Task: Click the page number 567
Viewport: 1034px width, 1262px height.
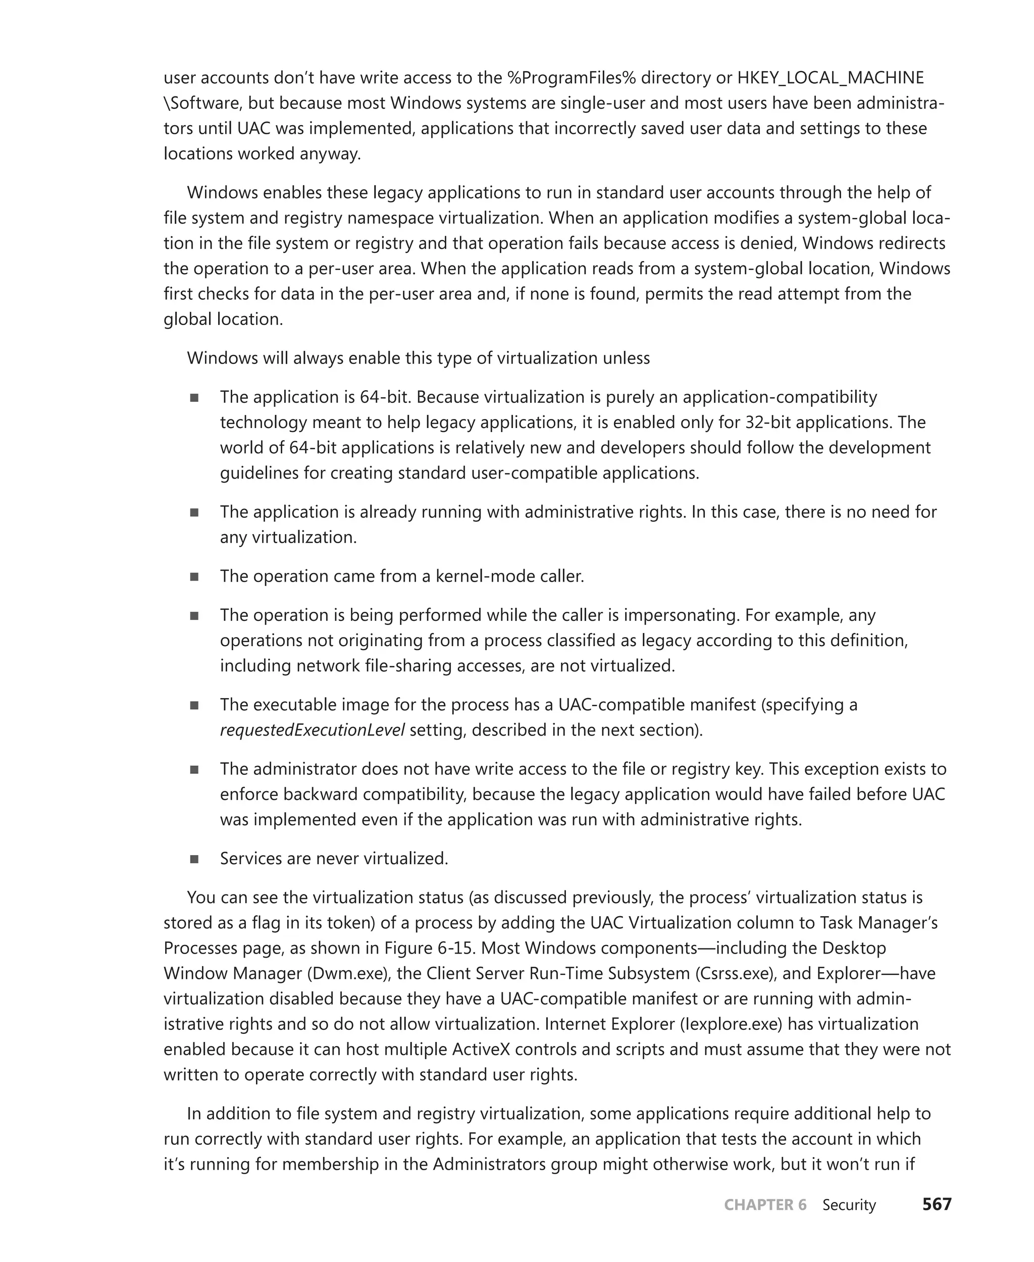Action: click(x=937, y=1204)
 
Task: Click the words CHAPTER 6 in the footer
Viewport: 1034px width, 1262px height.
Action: click(x=765, y=1205)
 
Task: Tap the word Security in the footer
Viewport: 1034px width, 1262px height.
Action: click(x=849, y=1205)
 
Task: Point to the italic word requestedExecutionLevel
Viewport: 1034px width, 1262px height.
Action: click(x=312, y=729)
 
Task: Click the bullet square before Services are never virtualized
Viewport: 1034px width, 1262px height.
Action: click(x=194, y=859)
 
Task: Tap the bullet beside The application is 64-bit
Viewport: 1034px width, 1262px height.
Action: click(x=194, y=397)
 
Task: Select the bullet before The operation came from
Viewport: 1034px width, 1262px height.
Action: click(x=194, y=576)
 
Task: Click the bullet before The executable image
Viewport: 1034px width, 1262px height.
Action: click(x=194, y=705)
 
